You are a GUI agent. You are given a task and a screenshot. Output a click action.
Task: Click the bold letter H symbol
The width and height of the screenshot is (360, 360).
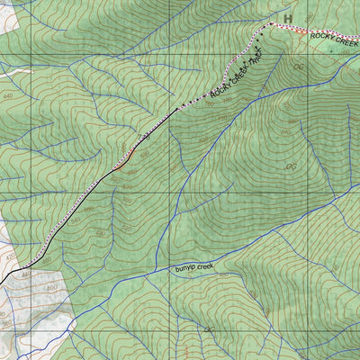288,18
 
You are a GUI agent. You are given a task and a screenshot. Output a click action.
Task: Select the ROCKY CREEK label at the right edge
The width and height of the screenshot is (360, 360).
334,38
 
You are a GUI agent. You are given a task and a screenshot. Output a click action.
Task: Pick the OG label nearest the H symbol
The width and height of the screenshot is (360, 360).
299,66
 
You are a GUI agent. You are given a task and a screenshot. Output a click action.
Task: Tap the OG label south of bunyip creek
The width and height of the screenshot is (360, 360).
209,330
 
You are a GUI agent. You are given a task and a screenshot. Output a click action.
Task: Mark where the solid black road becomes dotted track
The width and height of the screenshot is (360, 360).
177,110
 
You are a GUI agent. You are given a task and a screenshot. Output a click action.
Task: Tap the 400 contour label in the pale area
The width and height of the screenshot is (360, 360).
52,288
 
